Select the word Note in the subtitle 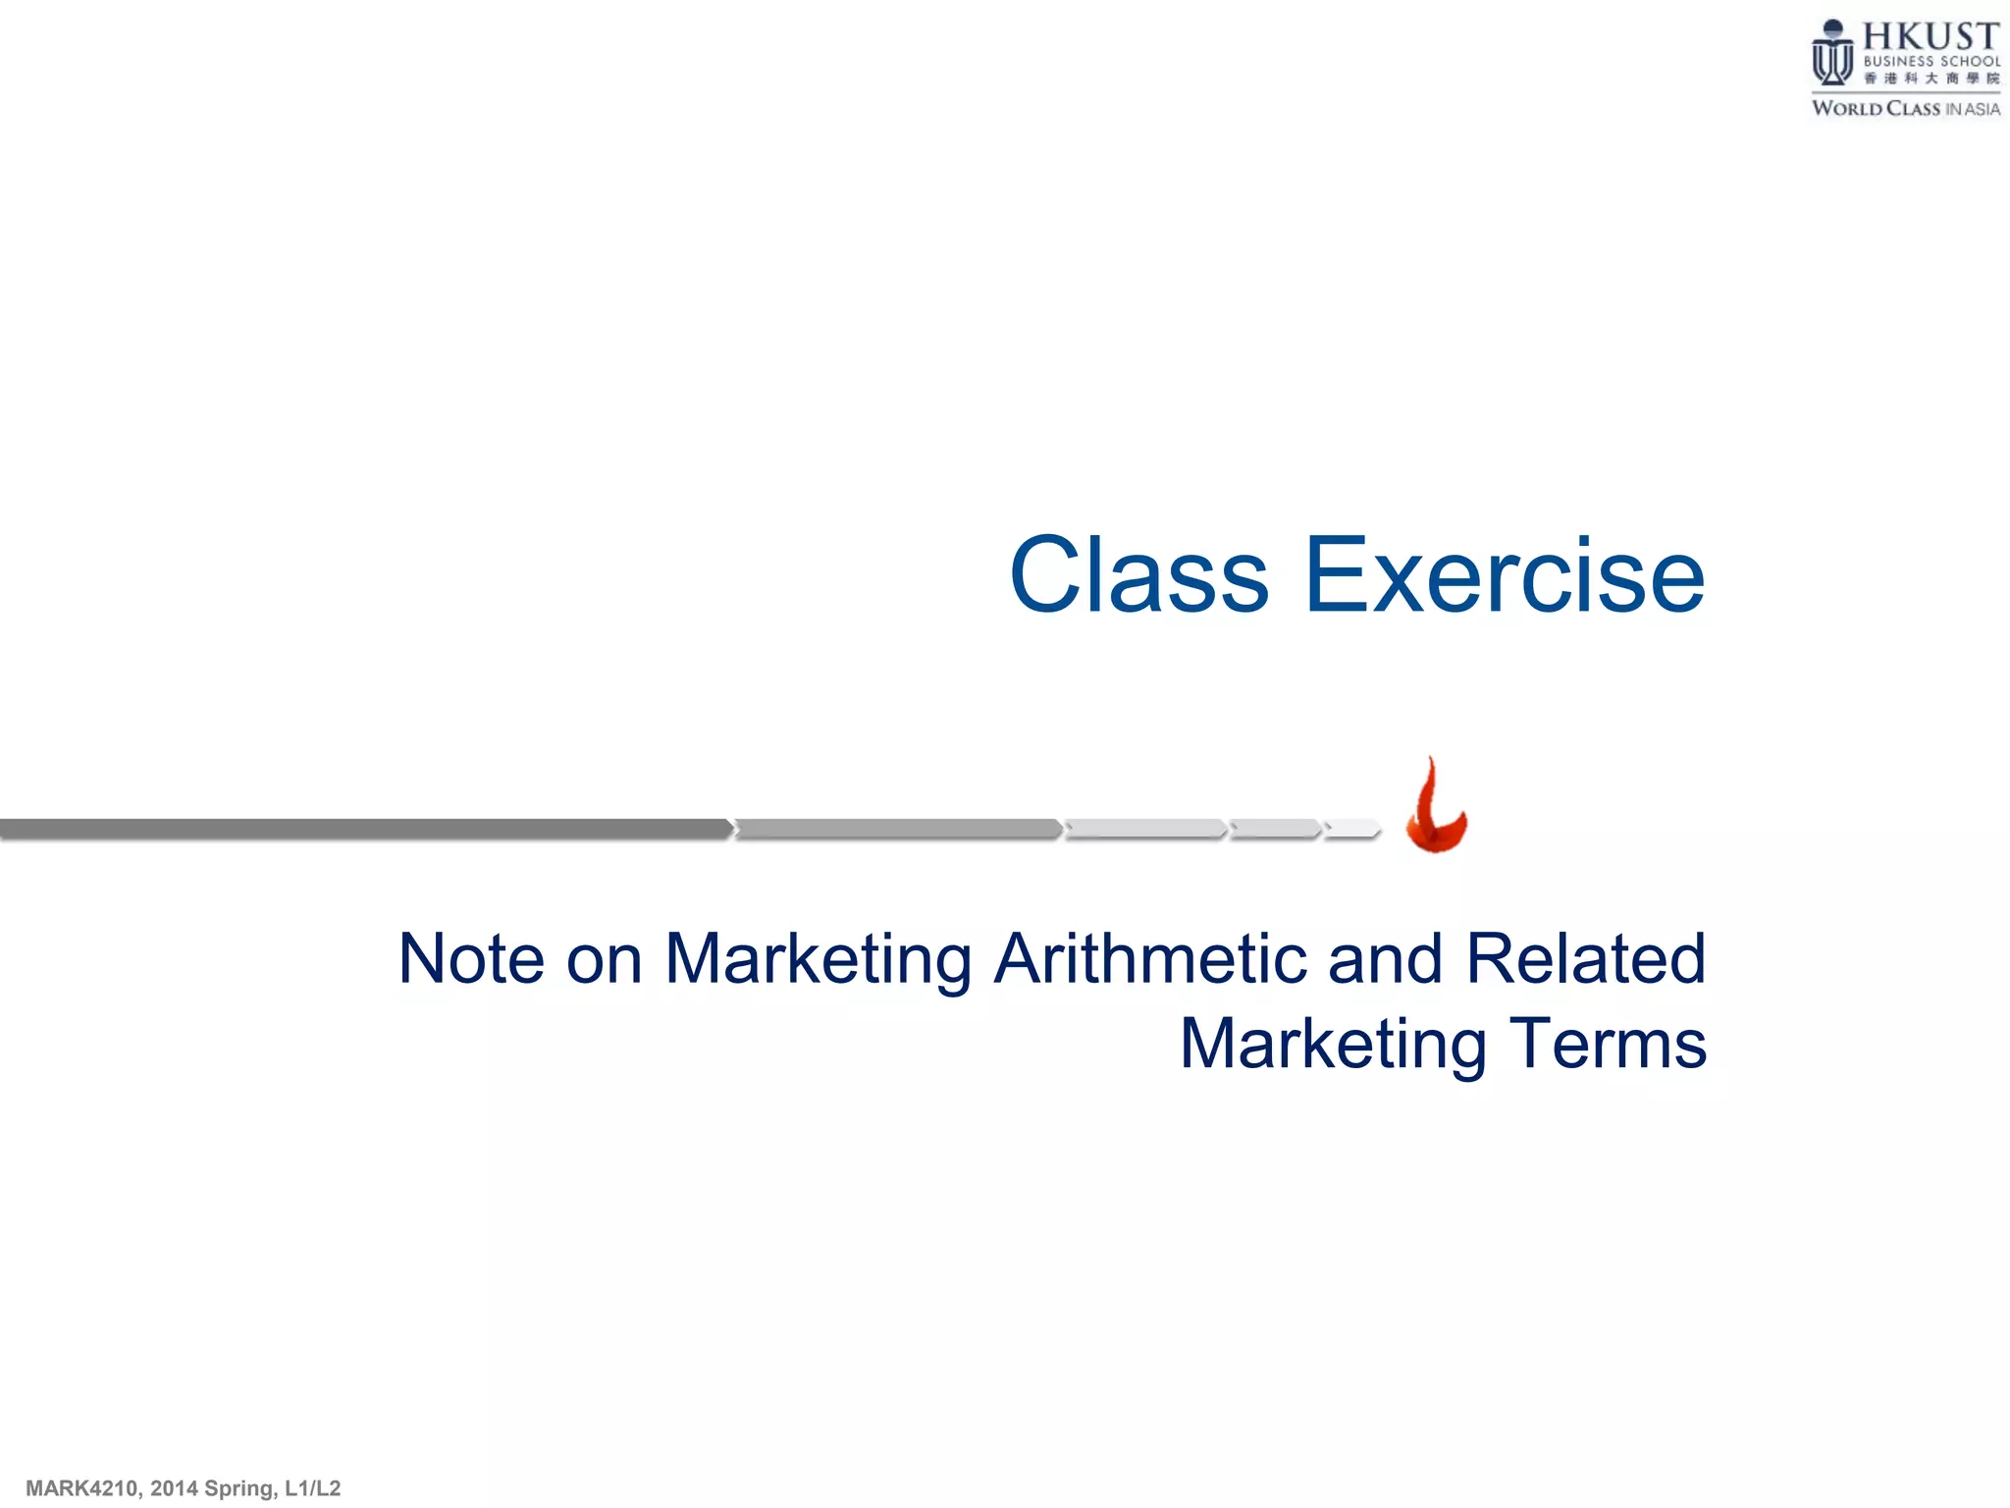471,958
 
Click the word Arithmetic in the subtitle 1149,958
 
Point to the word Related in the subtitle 1585,958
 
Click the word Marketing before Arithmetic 819,960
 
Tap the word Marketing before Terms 1333,1045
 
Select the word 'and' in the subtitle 1385,958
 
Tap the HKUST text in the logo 1931,37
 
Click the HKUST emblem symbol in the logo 1832,54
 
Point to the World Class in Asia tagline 1905,109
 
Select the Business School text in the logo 1931,61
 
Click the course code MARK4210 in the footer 81,1488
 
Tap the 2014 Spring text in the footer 212,1488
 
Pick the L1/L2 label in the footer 312,1488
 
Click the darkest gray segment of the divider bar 363,830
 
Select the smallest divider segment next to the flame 1352,830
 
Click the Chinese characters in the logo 1931,79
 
